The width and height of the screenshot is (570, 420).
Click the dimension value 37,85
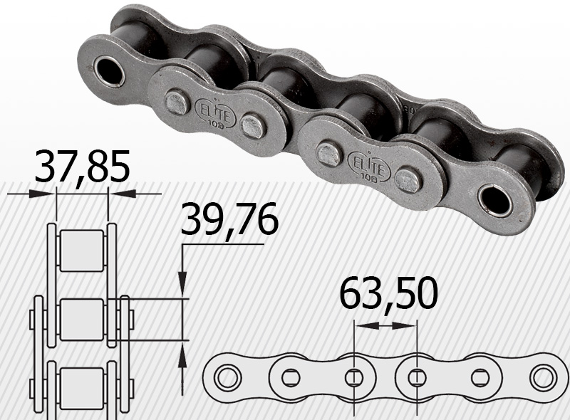pos(83,167)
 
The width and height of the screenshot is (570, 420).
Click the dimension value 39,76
pos(229,219)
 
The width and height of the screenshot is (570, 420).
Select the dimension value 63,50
pos(388,293)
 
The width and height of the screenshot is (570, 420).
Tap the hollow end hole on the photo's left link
pos(109,71)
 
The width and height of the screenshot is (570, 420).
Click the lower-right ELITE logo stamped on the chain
pos(369,166)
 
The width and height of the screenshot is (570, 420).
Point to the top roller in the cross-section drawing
pos(81,251)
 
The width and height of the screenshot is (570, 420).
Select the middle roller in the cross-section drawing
pos(81,320)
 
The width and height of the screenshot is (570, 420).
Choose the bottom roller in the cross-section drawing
pos(81,388)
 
